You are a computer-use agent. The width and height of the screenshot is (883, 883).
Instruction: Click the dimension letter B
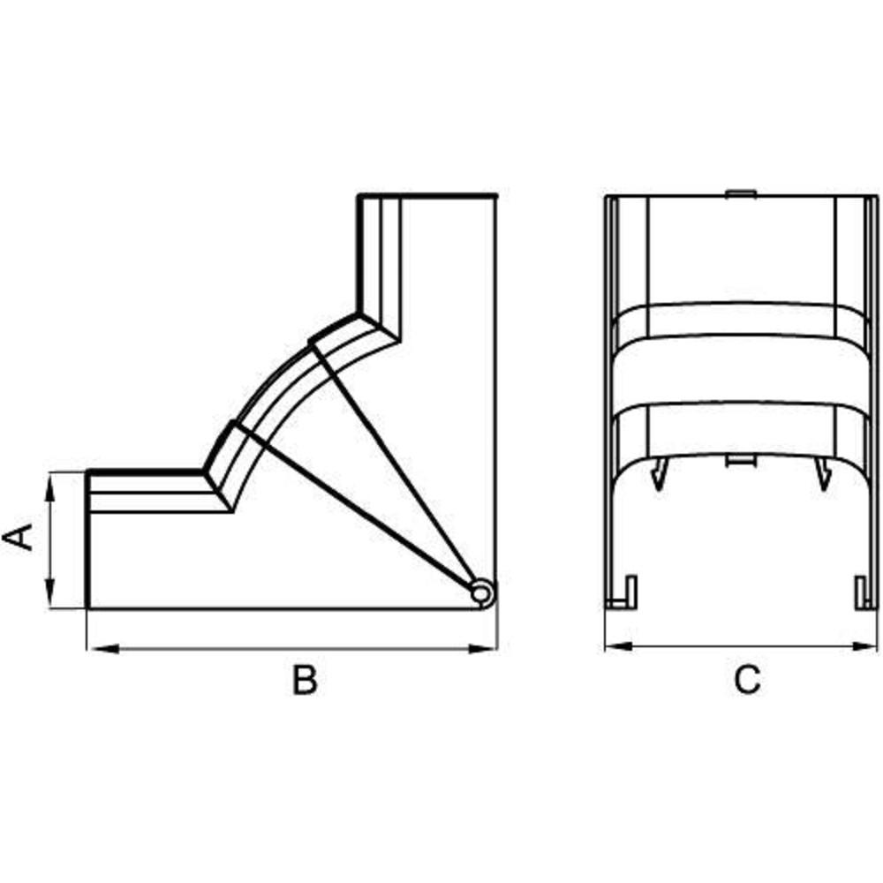305,679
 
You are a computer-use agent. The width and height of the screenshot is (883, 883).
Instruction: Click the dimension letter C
747,679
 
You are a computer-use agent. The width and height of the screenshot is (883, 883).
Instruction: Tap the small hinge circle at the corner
481,593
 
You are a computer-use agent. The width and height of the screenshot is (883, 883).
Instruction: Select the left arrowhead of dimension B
102,649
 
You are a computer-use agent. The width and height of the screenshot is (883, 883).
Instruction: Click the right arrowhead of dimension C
864,646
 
